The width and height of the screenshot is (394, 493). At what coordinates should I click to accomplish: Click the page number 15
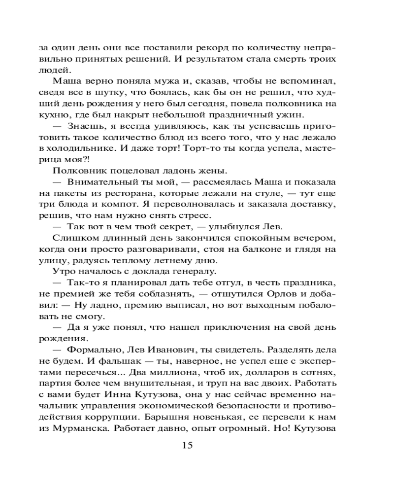(187, 445)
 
